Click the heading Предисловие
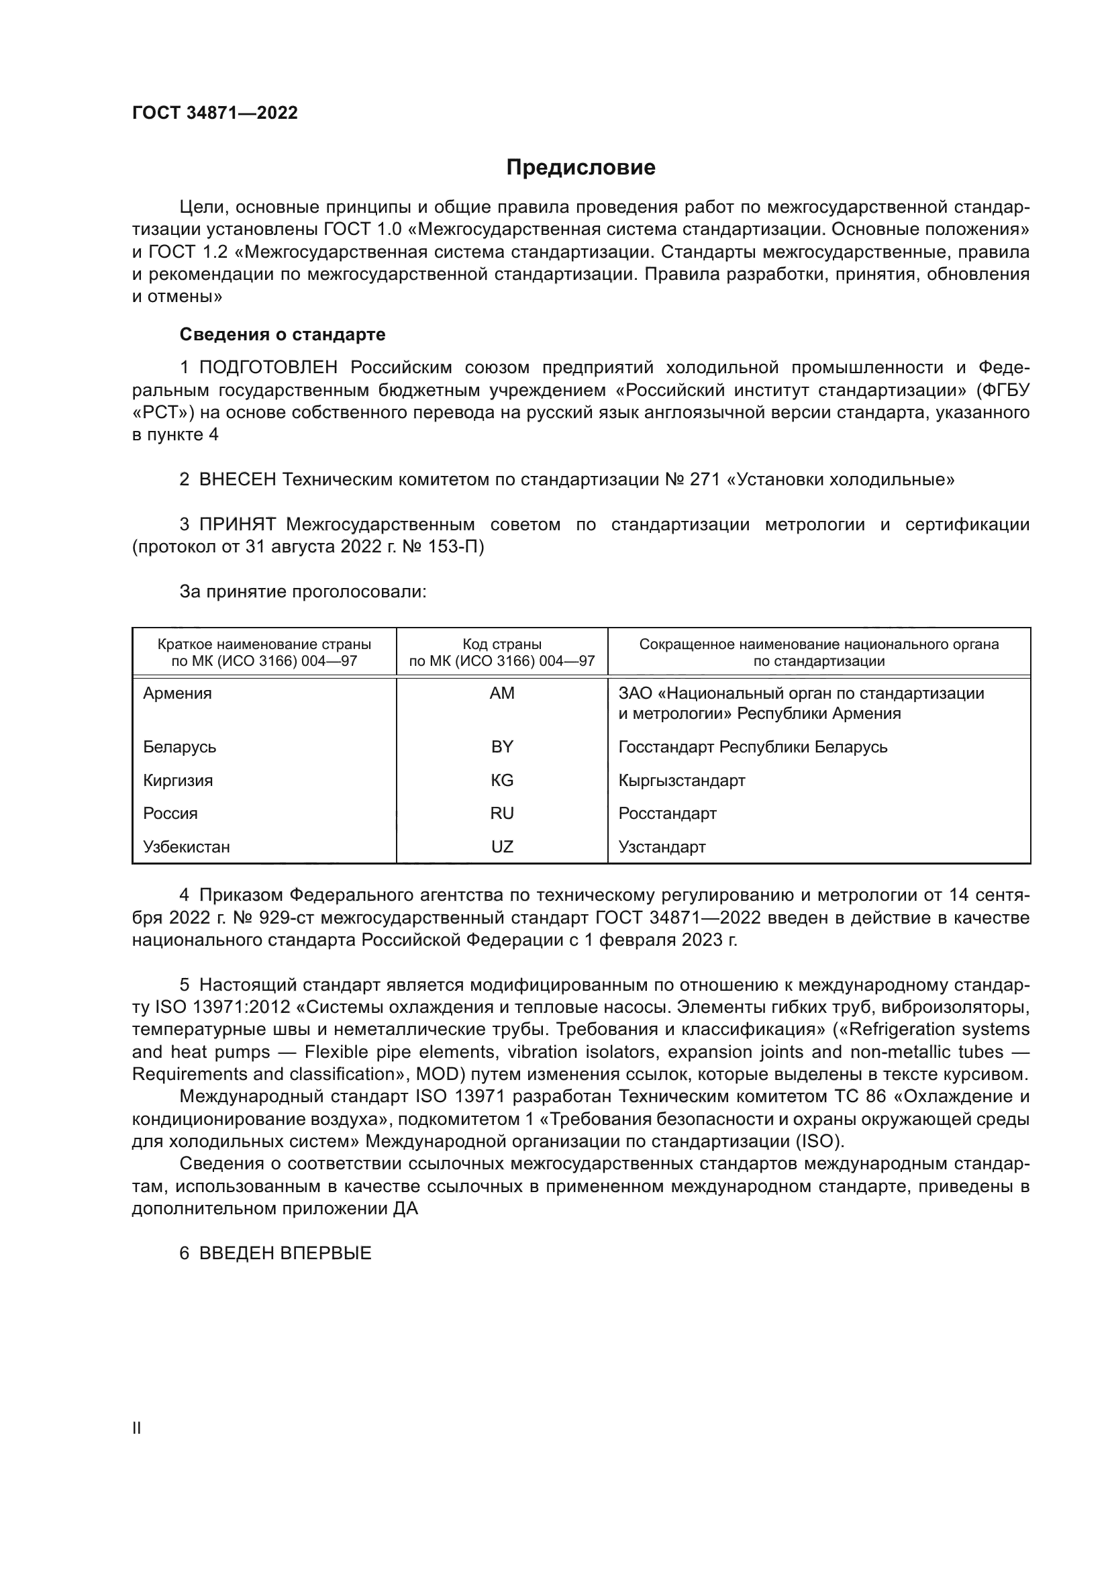point(581,168)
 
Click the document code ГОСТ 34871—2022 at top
point(215,113)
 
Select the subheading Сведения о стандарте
point(283,334)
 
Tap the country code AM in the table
point(502,693)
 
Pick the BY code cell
point(502,746)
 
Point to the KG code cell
point(502,780)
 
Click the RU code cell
point(502,813)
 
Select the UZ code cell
point(502,846)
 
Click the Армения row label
point(177,693)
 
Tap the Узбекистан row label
point(186,846)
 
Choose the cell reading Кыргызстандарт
point(681,780)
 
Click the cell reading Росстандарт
point(667,813)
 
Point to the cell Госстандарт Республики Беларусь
point(752,746)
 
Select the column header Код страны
point(502,644)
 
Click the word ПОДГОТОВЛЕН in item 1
point(268,368)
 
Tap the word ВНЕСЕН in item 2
point(237,479)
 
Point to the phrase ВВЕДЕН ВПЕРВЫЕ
point(285,1253)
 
